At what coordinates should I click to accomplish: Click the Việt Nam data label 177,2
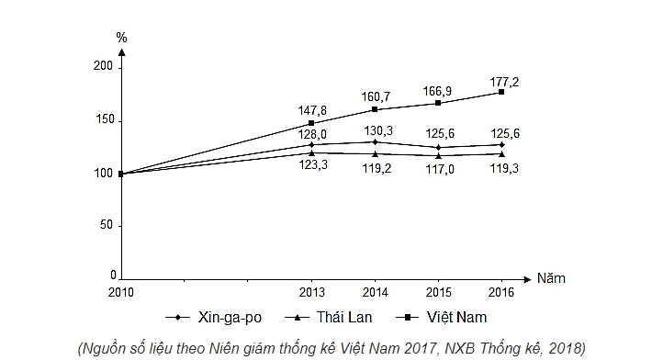click(x=504, y=82)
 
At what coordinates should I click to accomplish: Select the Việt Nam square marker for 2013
click(x=311, y=123)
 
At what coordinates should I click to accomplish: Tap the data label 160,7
click(x=376, y=96)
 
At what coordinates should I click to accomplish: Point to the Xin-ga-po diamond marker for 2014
click(x=375, y=142)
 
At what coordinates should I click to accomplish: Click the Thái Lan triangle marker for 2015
click(x=438, y=155)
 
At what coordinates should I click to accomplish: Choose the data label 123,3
click(x=313, y=165)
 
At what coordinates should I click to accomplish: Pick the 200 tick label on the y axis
click(x=103, y=66)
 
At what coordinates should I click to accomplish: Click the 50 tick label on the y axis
click(x=107, y=225)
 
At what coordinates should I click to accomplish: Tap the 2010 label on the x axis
click(x=121, y=292)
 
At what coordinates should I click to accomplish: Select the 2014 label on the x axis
click(x=375, y=292)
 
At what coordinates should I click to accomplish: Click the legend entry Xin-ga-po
click(x=214, y=317)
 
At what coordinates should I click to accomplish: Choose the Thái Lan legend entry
click(x=329, y=317)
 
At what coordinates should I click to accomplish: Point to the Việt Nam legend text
click(x=456, y=317)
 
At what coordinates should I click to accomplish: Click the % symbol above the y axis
click(x=121, y=38)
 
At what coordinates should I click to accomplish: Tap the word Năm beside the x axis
click(x=551, y=278)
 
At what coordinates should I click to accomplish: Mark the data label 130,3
click(x=378, y=130)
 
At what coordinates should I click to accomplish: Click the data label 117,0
click(x=440, y=169)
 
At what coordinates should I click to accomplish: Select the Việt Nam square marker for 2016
click(x=501, y=92)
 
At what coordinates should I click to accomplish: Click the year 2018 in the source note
click(x=565, y=348)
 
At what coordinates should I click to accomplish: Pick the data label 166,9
click(x=437, y=91)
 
